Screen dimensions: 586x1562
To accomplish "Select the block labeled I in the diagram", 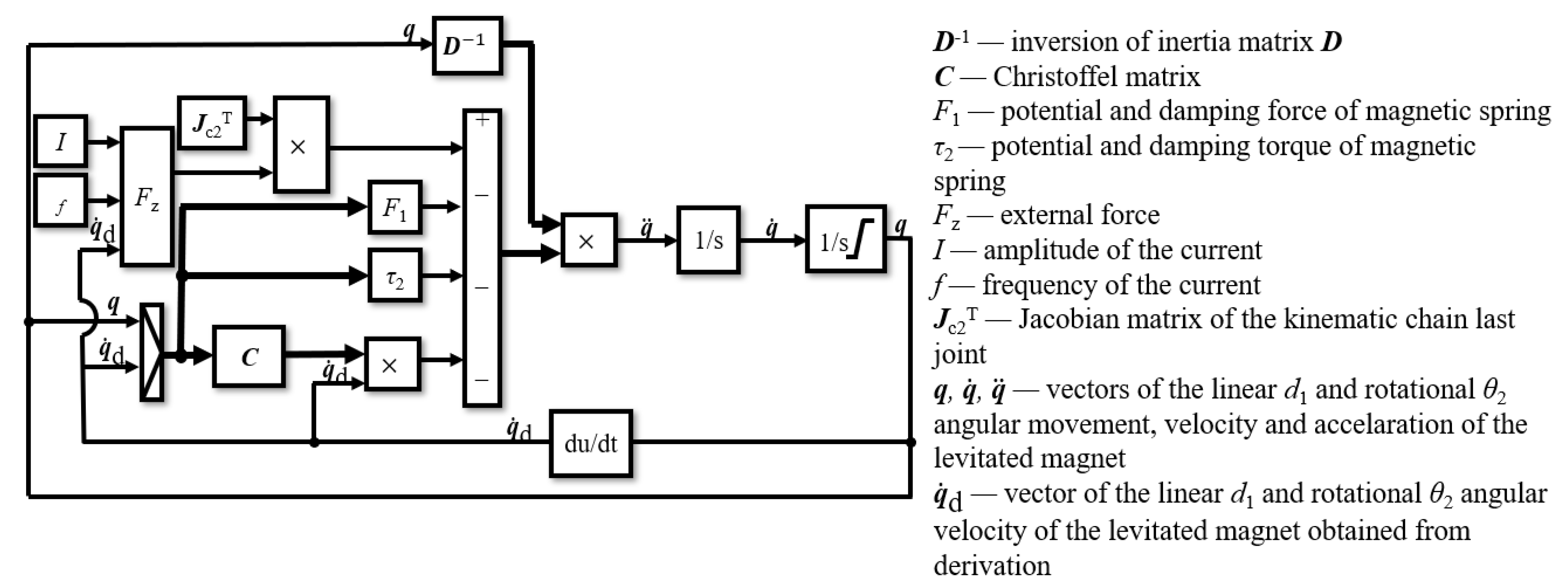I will click(60, 141).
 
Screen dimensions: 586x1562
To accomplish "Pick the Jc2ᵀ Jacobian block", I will click(212, 122).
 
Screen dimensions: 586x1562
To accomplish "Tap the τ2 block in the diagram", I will click(395, 276).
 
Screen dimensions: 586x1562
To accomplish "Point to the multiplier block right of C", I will click(392, 364).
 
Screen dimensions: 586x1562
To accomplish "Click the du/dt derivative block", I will click(591, 443).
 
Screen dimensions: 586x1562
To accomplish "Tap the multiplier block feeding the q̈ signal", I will click(589, 240).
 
